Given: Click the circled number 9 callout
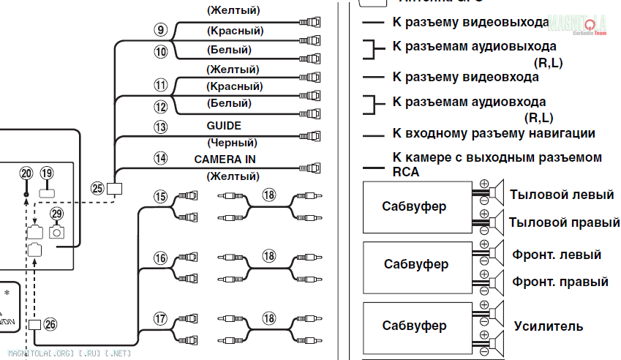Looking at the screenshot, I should click(x=161, y=30).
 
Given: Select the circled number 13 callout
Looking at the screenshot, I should click(x=161, y=126).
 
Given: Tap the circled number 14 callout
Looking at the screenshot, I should click(x=161, y=158).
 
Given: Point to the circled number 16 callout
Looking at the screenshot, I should click(x=161, y=258).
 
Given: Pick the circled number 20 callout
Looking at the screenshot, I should click(x=27, y=173).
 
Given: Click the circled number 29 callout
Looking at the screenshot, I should click(x=57, y=214).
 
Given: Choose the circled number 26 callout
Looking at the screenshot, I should click(x=50, y=324).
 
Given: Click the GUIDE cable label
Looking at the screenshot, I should click(x=224, y=126).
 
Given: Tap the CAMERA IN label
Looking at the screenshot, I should click(x=225, y=159).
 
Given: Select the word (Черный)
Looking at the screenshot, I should click(x=232, y=142).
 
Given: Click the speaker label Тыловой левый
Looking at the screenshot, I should click(x=562, y=195).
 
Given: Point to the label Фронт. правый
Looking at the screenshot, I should click(x=560, y=281).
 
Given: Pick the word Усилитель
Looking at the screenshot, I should click(x=549, y=326).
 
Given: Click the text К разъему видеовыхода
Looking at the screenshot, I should click(x=470, y=23).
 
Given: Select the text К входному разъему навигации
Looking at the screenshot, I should click(x=494, y=133).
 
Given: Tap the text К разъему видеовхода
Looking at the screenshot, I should click(x=466, y=76).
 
